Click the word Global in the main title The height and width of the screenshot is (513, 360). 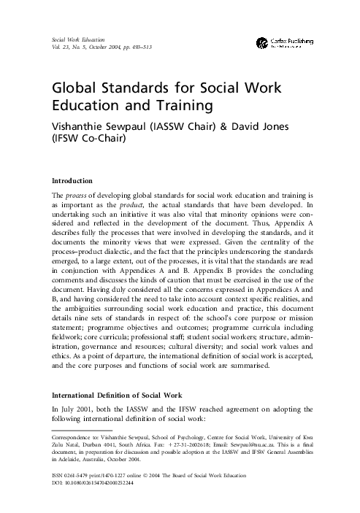[x=69, y=89]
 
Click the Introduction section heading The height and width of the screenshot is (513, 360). [x=71, y=180]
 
